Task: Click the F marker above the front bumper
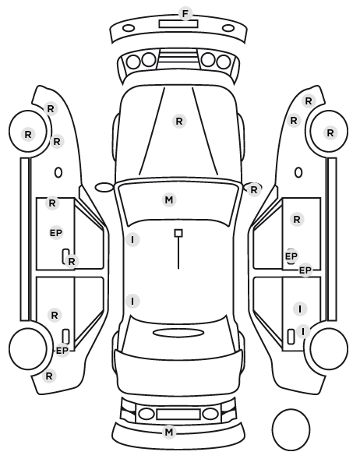(185, 14)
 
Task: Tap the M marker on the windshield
(169, 199)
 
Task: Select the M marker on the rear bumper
(169, 432)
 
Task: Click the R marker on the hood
(179, 122)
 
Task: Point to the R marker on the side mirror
(253, 189)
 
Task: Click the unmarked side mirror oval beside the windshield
(104, 188)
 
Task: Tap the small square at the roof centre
(178, 233)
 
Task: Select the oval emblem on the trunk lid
(178, 333)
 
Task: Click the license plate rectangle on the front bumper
(178, 24)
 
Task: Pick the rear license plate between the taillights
(178, 415)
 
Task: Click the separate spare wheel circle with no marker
(291, 429)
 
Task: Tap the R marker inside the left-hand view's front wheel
(28, 135)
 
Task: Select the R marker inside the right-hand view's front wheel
(330, 133)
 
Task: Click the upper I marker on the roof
(132, 239)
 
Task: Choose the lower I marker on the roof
(132, 301)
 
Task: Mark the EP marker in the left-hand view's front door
(56, 233)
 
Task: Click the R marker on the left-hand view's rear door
(55, 316)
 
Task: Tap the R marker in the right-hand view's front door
(297, 220)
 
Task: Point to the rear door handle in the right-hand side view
(291, 337)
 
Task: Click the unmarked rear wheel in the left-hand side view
(28, 348)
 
